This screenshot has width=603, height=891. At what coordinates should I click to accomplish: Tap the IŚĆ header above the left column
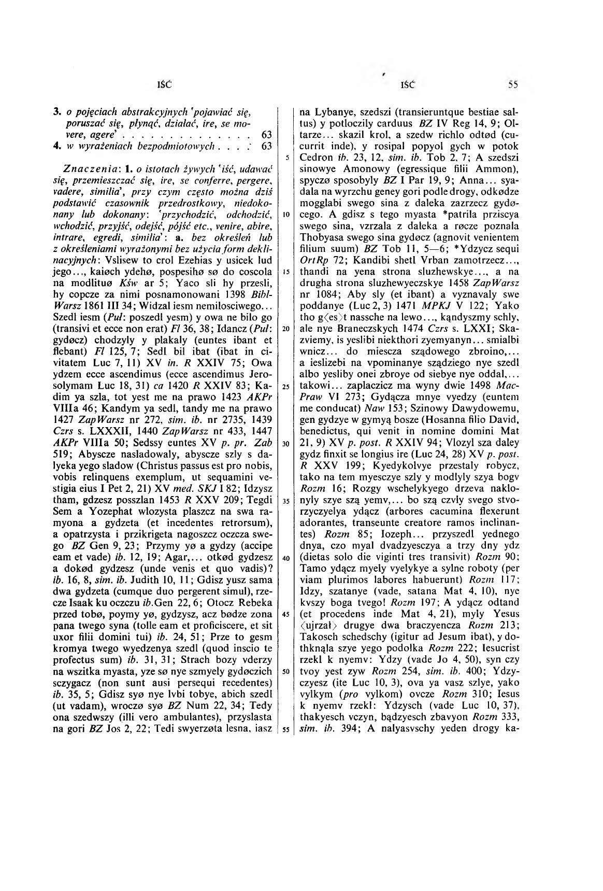pos(165,84)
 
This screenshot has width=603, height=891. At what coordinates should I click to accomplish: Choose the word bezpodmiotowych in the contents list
pos(156,146)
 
